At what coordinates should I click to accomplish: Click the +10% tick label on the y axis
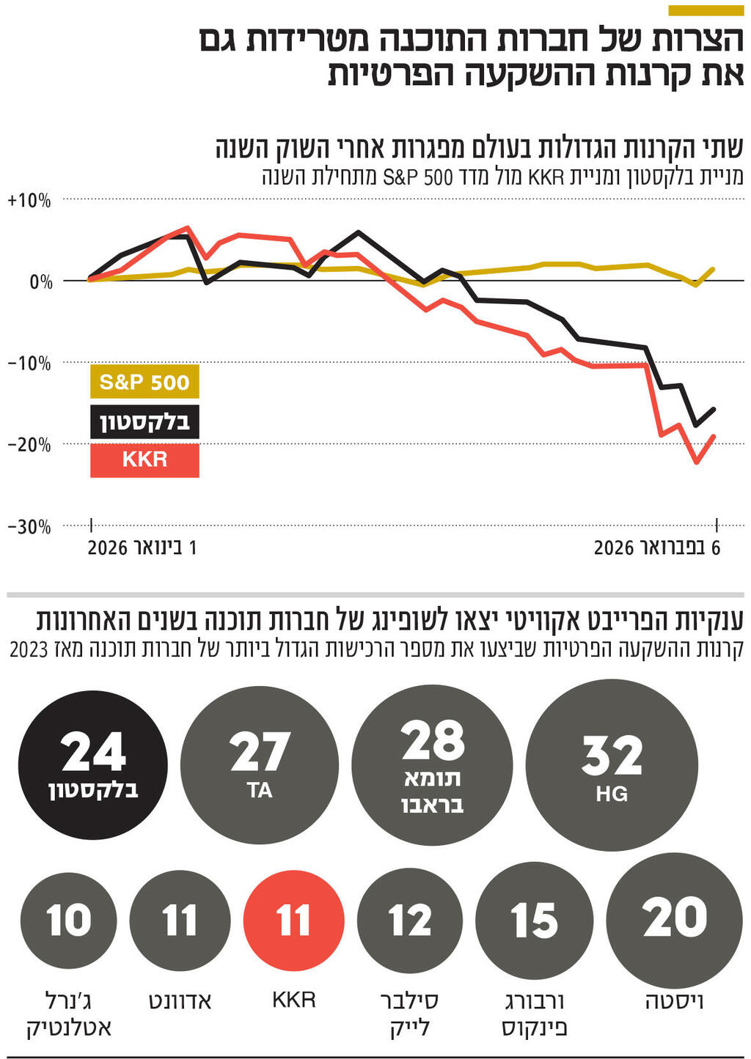click(29, 201)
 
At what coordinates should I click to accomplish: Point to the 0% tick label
click(40, 282)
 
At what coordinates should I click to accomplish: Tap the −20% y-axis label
click(29, 445)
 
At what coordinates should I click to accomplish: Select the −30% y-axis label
click(29, 527)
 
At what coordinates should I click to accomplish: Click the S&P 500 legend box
click(144, 382)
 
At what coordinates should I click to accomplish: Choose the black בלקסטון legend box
click(144, 421)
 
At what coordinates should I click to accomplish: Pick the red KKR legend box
click(144, 460)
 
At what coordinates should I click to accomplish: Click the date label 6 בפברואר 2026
click(656, 547)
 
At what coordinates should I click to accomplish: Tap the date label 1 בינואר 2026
click(142, 547)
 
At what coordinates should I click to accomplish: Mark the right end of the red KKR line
click(714, 437)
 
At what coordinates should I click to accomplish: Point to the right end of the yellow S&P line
click(714, 269)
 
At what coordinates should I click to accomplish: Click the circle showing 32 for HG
click(612, 764)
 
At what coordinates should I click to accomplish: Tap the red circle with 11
click(293, 920)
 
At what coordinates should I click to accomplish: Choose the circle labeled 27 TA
click(260, 764)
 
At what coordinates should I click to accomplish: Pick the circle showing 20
click(675, 918)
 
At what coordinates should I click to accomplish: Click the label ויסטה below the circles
click(674, 1001)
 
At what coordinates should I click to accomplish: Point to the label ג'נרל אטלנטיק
click(69, 1014)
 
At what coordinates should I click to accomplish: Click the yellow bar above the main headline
click(706, 10)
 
